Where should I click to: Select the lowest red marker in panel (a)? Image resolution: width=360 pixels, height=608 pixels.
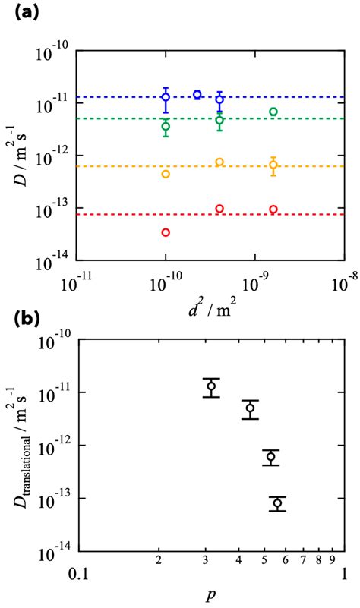[166, 232]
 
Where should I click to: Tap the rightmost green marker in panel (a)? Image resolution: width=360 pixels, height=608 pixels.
[273, 112]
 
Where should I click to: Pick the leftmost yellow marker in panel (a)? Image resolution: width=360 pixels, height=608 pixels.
[166, 174]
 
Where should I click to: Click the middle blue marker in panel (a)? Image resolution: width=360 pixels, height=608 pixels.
[197, 95]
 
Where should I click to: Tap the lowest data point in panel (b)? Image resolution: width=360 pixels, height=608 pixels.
[277, 503]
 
